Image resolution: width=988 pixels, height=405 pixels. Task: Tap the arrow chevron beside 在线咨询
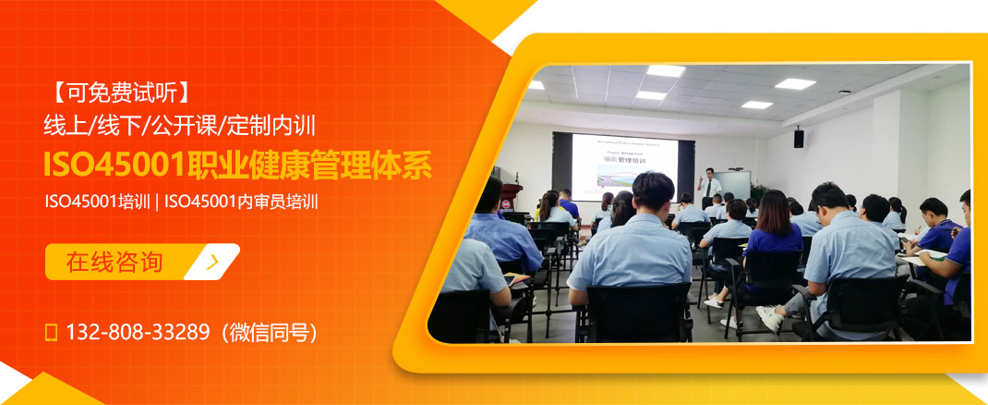[212, 262]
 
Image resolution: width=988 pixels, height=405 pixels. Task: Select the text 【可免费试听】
[120, 92]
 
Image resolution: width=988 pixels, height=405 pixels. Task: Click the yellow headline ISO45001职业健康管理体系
[237, 164]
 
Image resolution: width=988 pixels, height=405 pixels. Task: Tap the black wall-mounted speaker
[799, 138]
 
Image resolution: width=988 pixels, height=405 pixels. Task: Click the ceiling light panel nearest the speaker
[794, 83]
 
